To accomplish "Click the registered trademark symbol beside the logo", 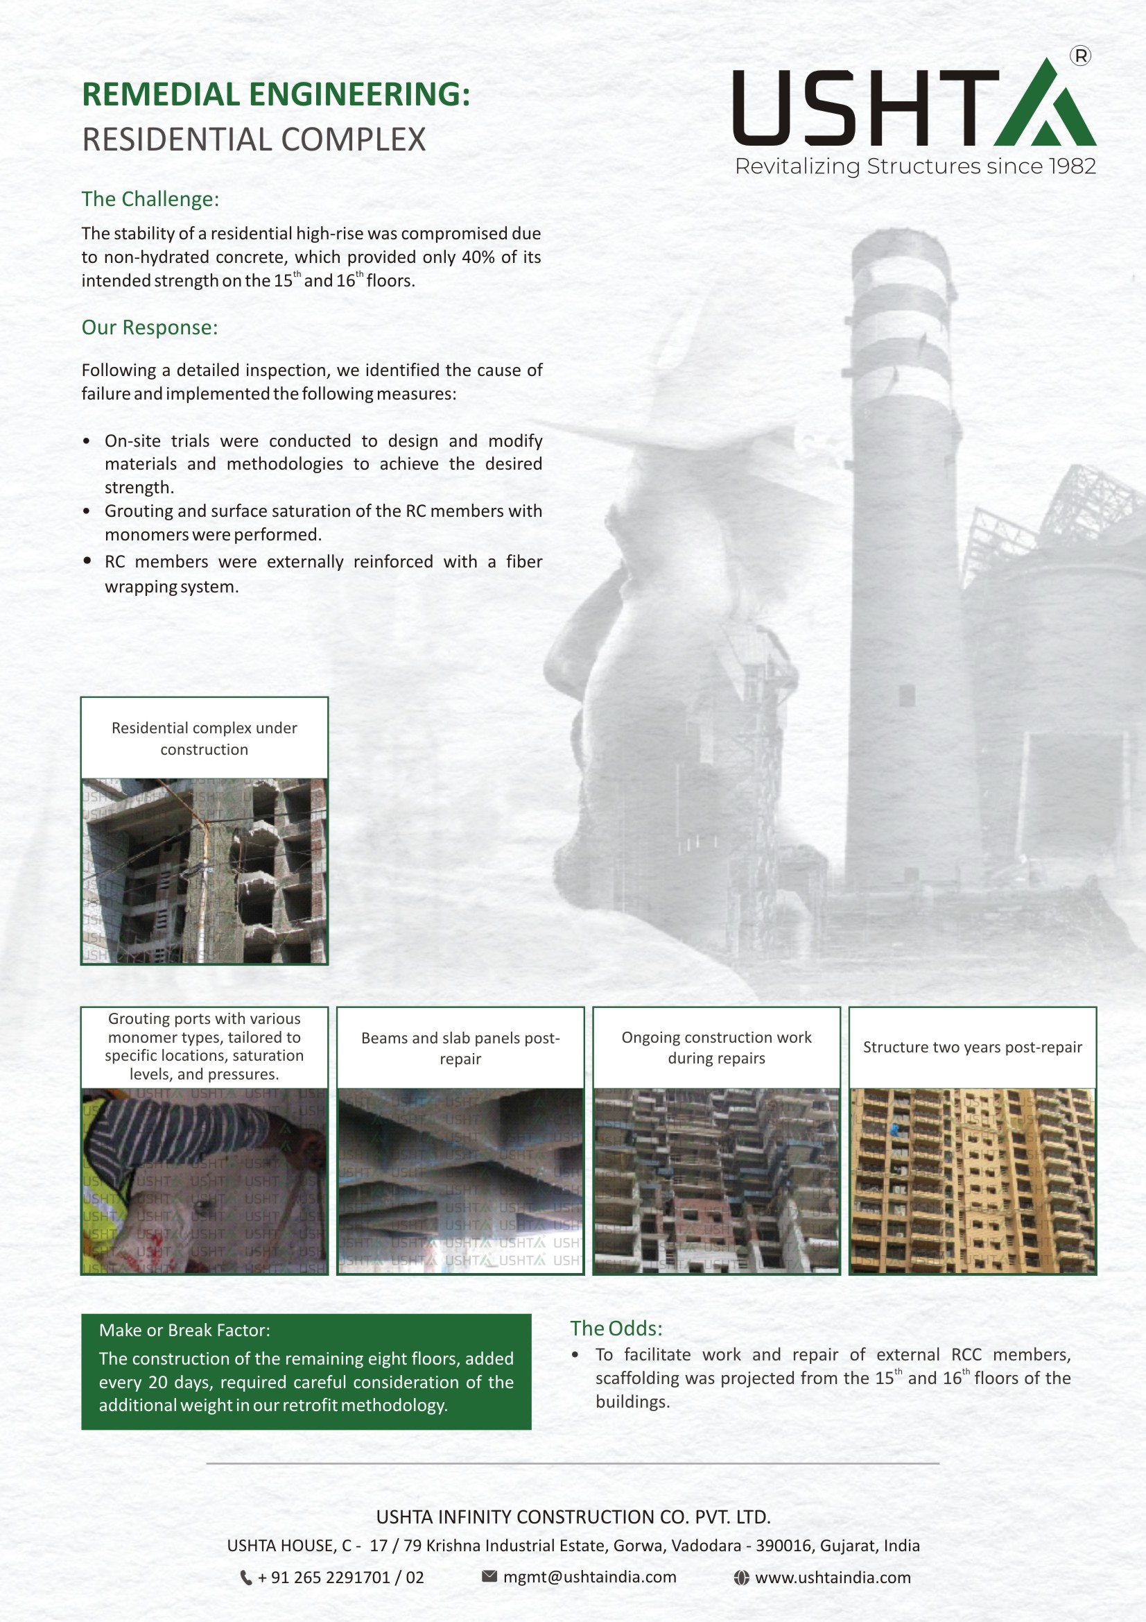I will tap(1079, 56).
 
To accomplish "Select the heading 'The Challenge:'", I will tap(150, 199).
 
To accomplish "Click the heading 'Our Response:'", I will tap(149, 327).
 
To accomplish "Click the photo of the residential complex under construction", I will tap(204, 871).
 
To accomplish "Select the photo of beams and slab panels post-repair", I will tap(460, 1181).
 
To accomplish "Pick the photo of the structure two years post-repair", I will tap(972, 1181).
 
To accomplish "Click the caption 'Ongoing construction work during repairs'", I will tap(716, 1048).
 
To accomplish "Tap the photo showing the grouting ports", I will tap(204, 1181).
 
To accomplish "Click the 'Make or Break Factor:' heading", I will tap(184, 1331).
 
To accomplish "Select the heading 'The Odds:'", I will tap(616, 1329).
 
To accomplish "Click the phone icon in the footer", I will tap(245, 1578).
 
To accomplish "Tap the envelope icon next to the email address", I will tap(489, 1577).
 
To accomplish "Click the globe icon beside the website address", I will tap(740, 1578).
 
